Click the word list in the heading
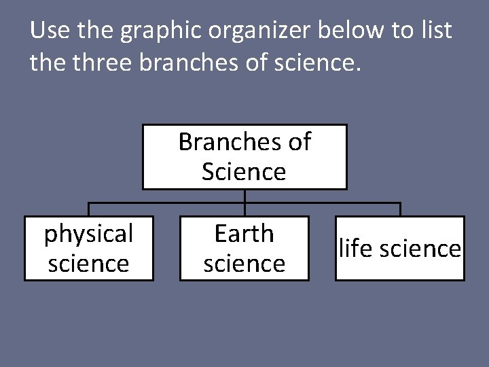coord(435,31)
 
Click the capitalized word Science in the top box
coord(244,171)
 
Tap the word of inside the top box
coord(300,141)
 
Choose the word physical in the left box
coord(88,234)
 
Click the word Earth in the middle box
coord(244,234)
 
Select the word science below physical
coord(88,263)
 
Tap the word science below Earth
coord(244,263)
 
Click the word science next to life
coord(422,249)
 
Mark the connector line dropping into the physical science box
coord(88,209)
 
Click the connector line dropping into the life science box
coord(400,209)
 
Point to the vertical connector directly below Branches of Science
coord(244,196)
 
